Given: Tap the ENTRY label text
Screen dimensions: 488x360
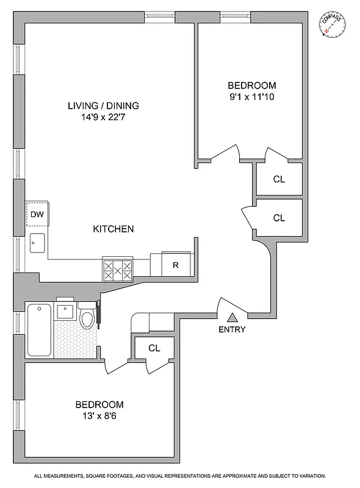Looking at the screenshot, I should (232, 330).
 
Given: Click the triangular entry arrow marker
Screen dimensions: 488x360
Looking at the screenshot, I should (232, 317).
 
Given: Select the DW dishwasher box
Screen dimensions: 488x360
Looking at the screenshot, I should (37, 214).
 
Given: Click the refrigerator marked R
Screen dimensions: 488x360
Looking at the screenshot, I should (175, 265).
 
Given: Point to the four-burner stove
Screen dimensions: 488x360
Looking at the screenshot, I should (117, 270).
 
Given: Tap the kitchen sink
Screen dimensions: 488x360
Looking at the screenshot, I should (37, 245).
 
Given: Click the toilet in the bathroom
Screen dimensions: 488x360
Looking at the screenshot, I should (87, 317).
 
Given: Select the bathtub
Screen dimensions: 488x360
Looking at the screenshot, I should (40, 330).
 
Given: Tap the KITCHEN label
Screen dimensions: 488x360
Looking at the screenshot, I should (113, 229).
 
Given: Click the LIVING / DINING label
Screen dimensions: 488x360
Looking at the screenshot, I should (103, 106).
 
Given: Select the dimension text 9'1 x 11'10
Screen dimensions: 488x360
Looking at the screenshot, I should (251, 96).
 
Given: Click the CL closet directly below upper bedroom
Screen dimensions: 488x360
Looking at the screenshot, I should (279, 179).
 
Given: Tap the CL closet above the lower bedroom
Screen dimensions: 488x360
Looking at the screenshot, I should (154, 348).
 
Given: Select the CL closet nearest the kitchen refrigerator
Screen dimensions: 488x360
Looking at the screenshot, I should (279, 217).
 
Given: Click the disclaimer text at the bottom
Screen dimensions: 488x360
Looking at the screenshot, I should (180, 476).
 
